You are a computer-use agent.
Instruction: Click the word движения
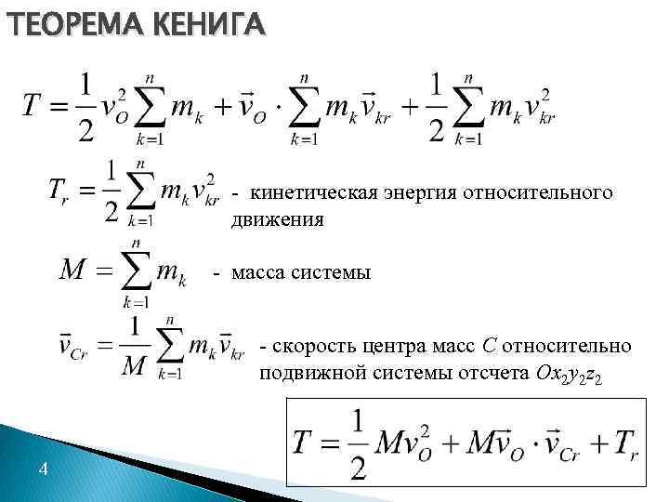[x=278, y=219]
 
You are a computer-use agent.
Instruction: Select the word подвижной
[x=306, y=374]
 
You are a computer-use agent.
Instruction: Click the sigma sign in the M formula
[x=138, y=270]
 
